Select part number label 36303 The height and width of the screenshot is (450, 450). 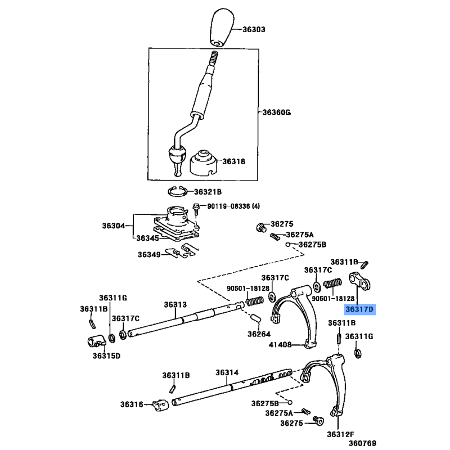pyautogui.click(x=254, y=29)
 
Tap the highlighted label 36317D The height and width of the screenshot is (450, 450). pyautogui.click(x=360, y=309)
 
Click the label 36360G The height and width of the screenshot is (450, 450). pyautogui.click(x=276, y=112)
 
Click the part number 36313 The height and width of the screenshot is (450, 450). pyautogui.click(x=175, y=304)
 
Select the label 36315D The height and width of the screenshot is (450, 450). pyautogui.click(x=107, y=355)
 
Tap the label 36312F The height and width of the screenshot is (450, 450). pyautogui.click(x=341, y=433)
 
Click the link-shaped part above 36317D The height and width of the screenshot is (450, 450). pyautogui.click(x=358, y=281)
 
